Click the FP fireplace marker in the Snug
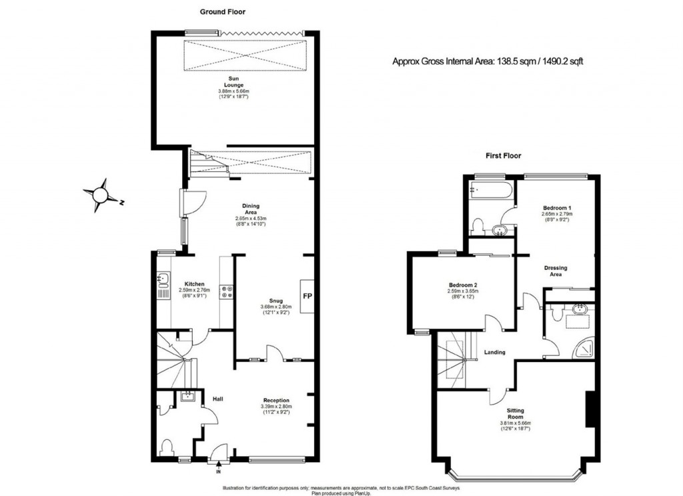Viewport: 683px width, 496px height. click(307, 296)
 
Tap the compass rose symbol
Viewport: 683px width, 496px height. click(101, 194)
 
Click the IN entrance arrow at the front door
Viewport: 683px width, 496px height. click(218, 471)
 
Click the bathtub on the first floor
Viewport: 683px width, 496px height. click(490, 191)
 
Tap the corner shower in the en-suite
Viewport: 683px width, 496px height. click(586, 347)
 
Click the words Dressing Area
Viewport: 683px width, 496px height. click(555, 271)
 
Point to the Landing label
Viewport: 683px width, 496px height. click(495, 353)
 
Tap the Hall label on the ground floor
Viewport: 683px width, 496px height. click(217, 399)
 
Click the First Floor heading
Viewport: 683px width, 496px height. click(502, 156)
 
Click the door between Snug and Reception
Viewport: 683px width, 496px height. click(269, 354)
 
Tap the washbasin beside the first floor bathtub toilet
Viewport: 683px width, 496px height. click(500, 231)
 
